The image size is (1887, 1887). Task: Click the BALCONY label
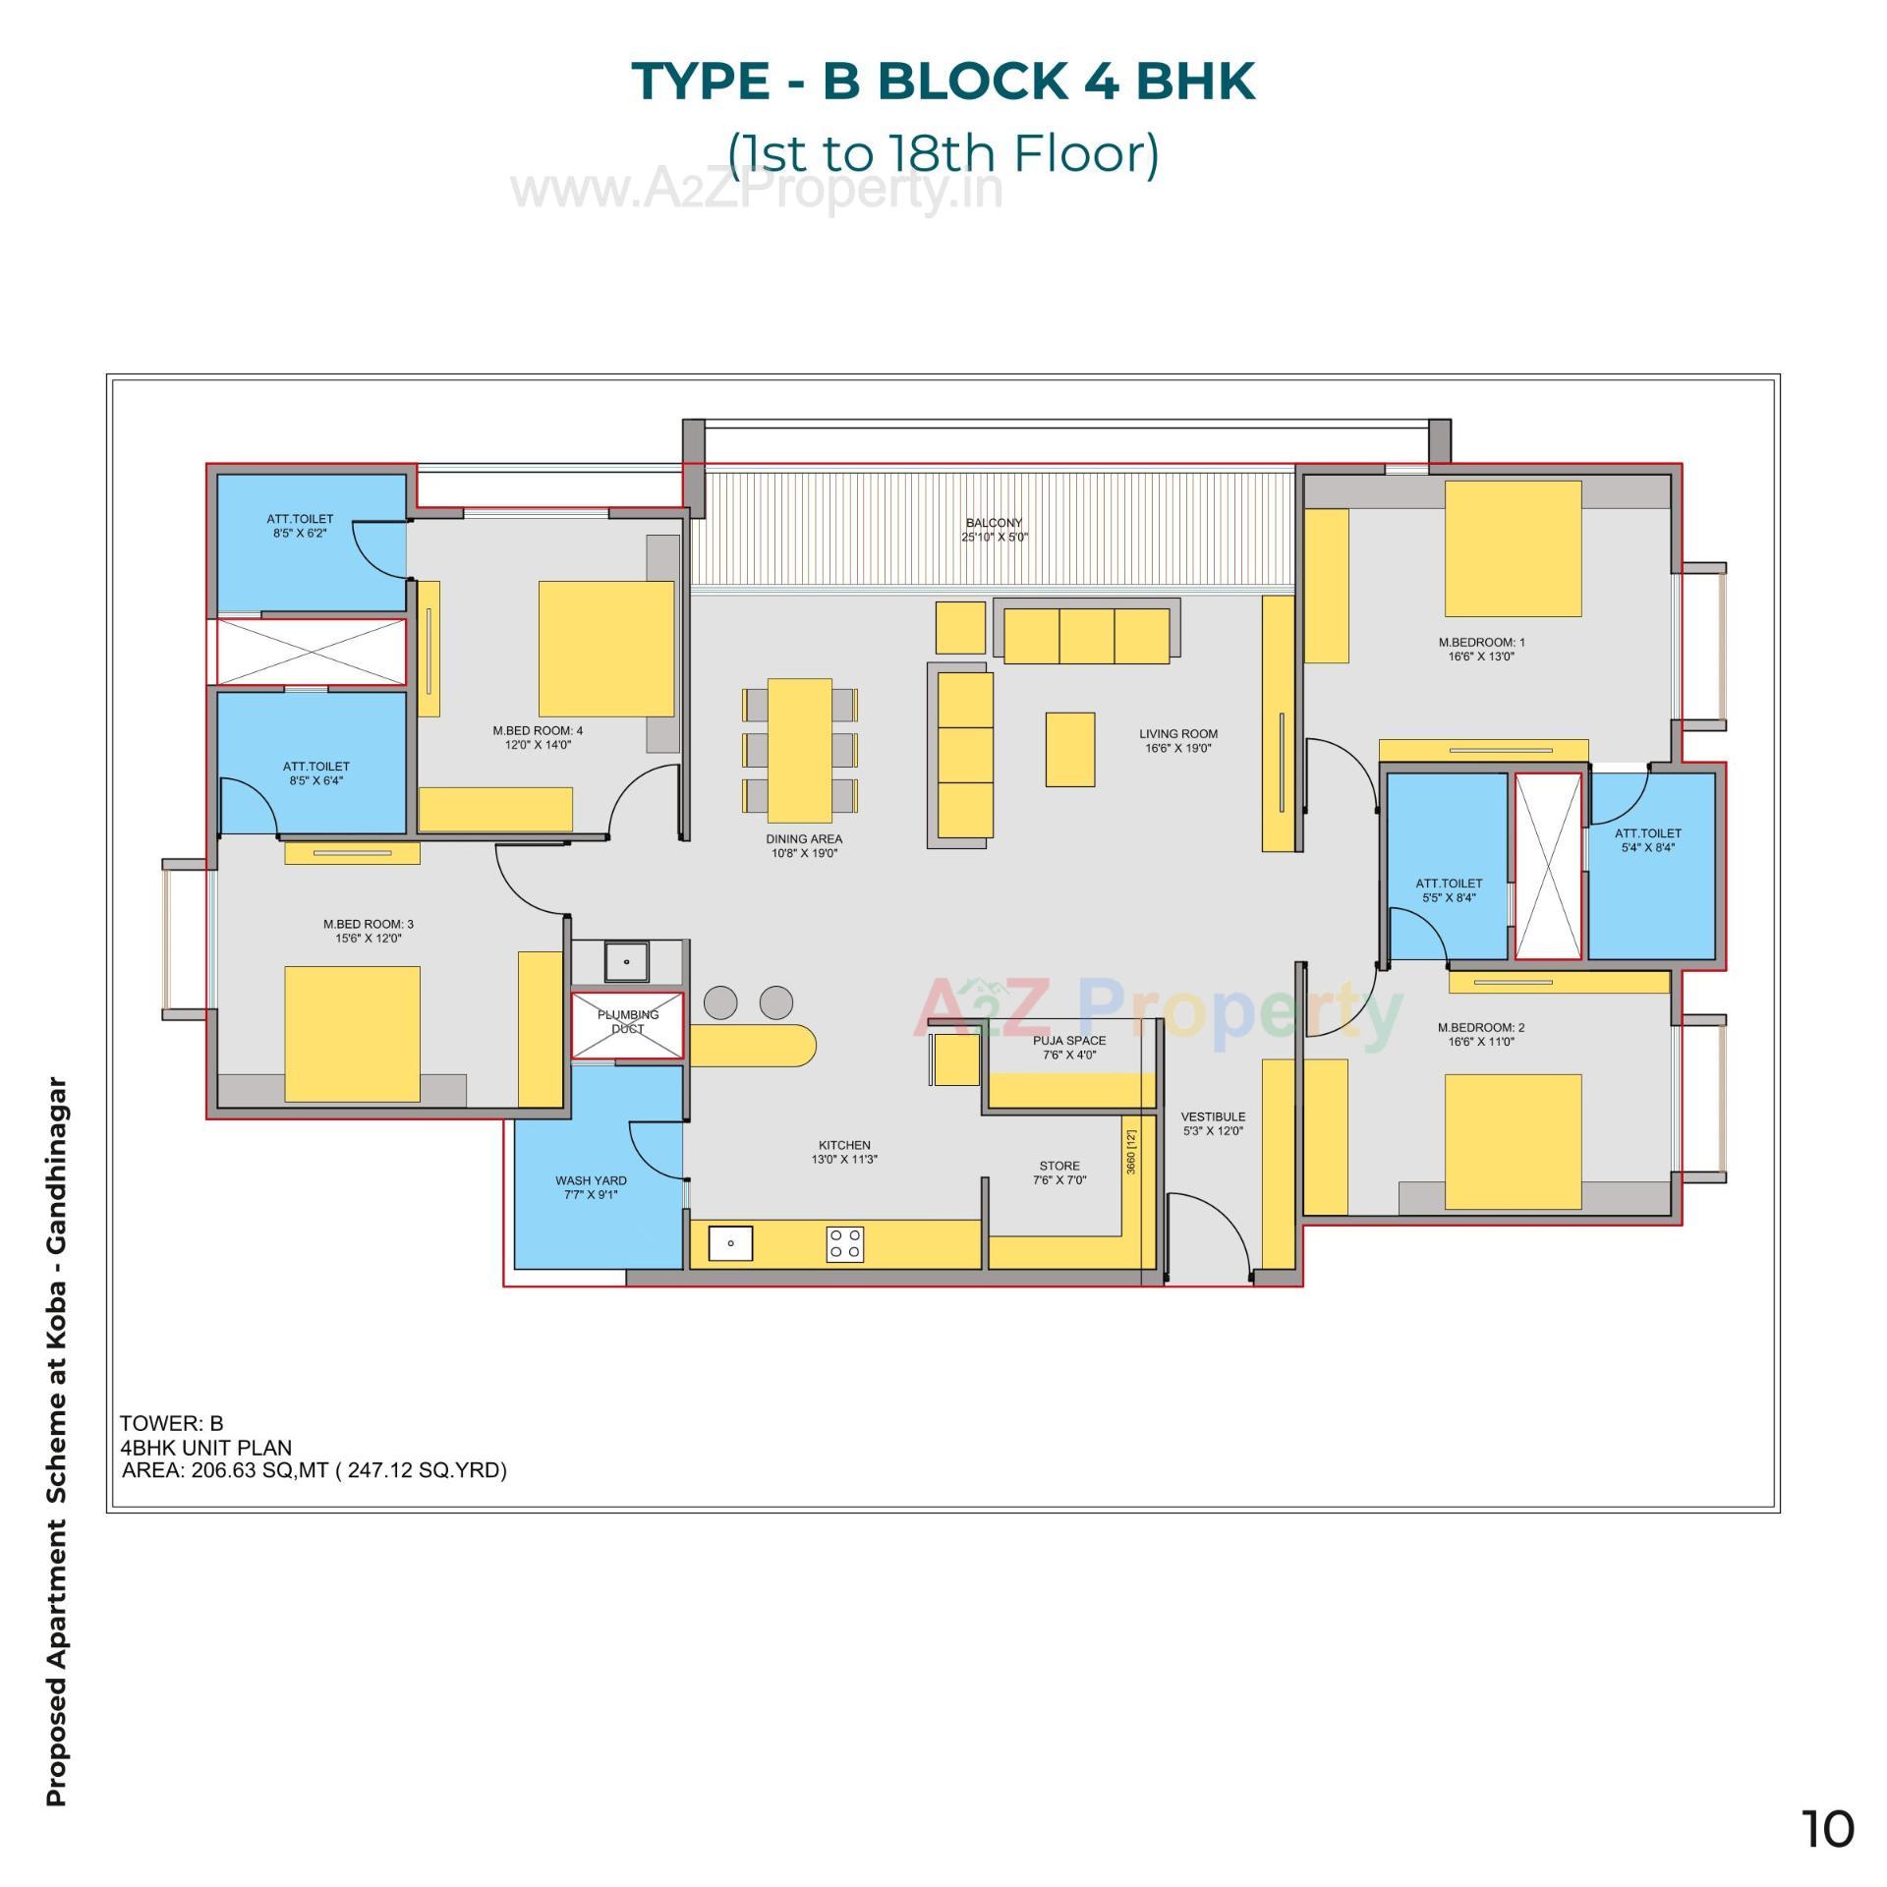[x=994, y=523]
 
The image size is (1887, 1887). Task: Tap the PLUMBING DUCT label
[x=627, y=1021]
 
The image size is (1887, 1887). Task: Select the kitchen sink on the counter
[x=730, y=1243]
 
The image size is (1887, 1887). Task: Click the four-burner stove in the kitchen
[x=845, y=1243]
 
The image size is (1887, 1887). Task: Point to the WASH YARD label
[x=591, y=1180]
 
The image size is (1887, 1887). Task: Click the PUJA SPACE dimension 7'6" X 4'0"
[x=1069, y=1055]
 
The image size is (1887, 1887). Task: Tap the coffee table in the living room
[x=1069, y=749]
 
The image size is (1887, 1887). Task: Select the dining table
[x=799, y=750]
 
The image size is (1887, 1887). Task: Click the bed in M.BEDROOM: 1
[x=1512, y=548]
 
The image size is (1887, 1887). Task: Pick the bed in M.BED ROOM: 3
[x=352, y=1033]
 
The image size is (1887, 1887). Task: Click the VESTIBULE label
[x=1213, y=1116]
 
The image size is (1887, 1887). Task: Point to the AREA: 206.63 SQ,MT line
[x=314, y=1470]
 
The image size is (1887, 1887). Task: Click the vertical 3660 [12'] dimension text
[x=1131, y=1151]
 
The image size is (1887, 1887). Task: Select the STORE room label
[x=1058, y=1166]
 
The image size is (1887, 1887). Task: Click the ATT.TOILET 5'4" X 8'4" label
[x=1647, y=833]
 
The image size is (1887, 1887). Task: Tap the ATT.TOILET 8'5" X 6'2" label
[x=300, y=519]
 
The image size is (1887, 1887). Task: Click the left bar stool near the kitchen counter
[x=720, y=1002]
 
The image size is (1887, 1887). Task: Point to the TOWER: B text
[x=171, y=1423]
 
